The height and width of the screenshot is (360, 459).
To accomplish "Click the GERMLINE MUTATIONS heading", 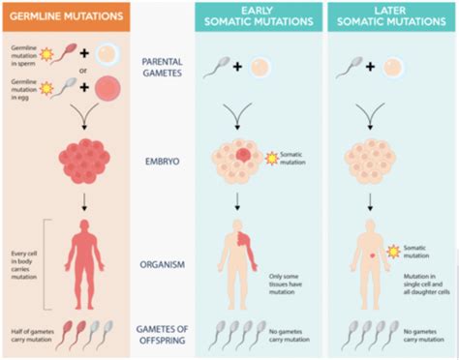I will pyautogui.click(x=64, y=16).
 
